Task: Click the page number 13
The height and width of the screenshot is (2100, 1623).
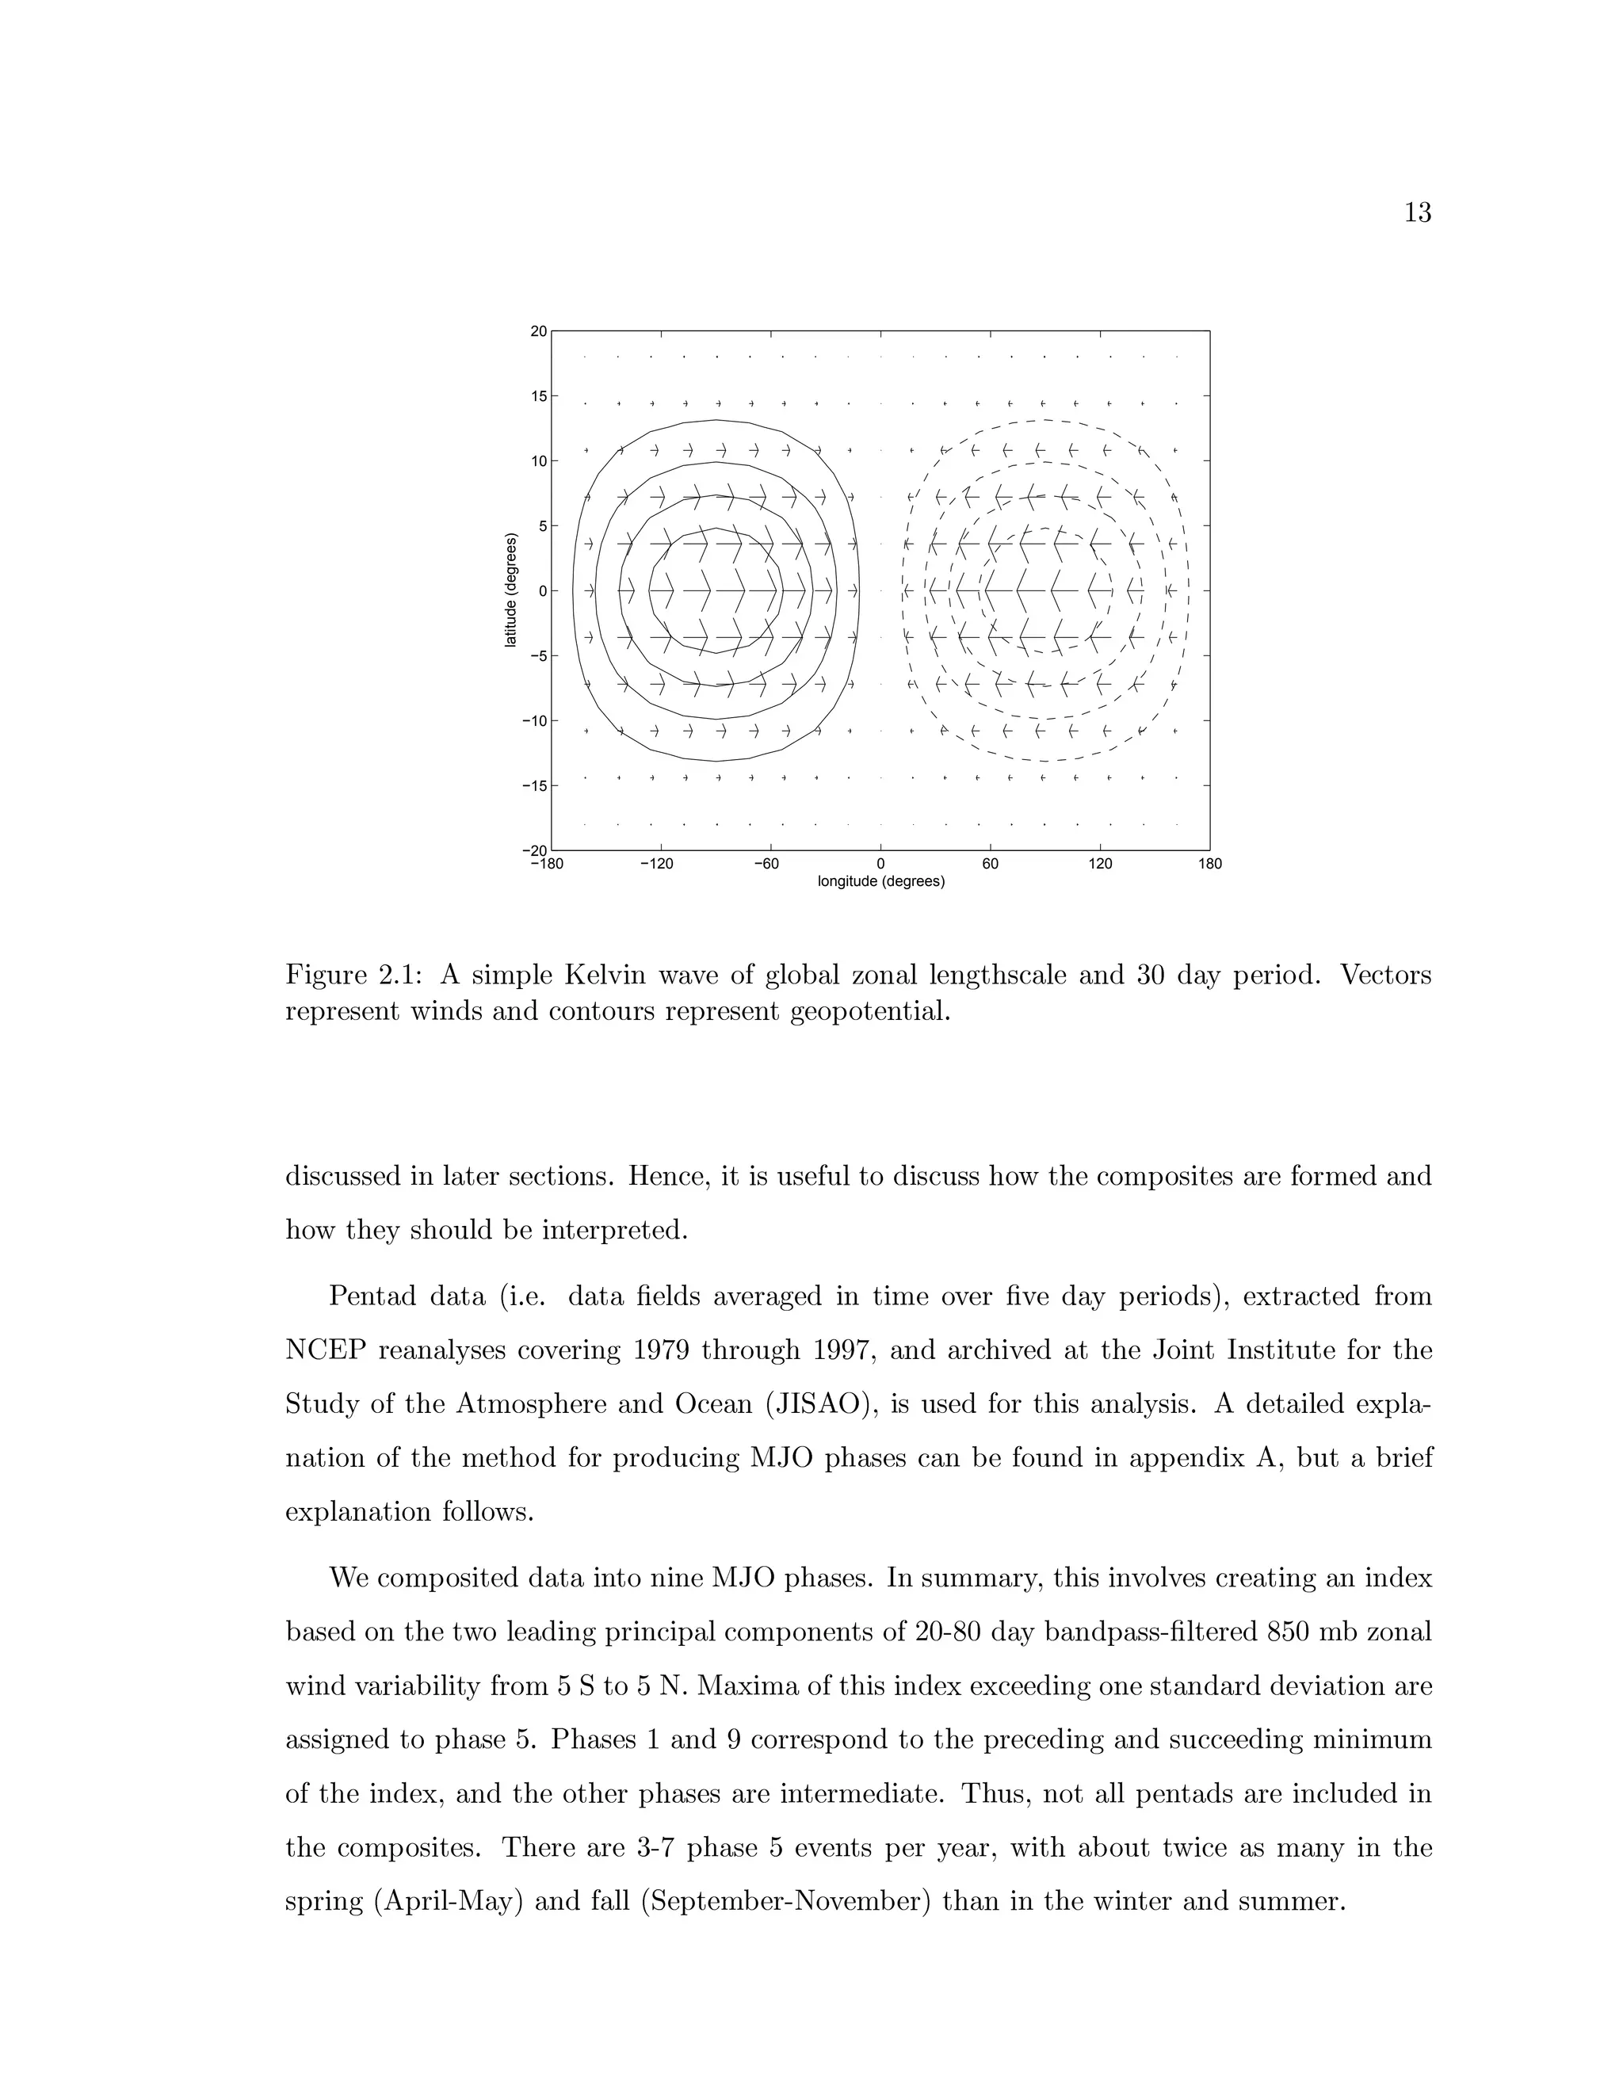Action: coord(1417,213)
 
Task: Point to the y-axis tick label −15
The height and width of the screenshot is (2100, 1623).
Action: coord(533,785)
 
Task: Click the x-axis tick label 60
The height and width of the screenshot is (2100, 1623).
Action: coord(991,865)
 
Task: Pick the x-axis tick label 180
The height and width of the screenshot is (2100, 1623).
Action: coord(1211,865)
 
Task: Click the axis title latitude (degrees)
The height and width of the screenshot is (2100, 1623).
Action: coord(511,590)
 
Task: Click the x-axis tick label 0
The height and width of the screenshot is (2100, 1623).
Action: coord(880,865)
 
